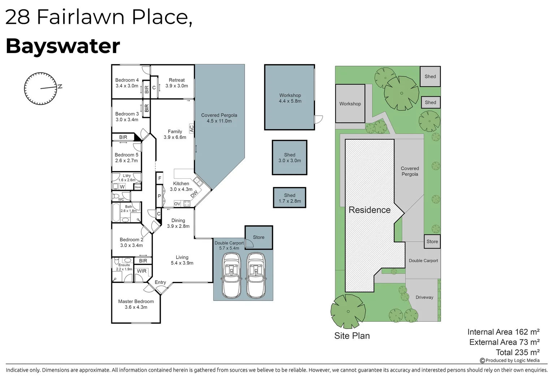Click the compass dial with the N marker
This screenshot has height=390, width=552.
pyautogui.click(x=41, y=88)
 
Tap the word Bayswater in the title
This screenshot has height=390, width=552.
pyautogui.click(x=63, y=46)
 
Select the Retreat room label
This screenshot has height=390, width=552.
pyautogui.click(x=177, y=80)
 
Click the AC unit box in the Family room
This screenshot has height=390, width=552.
pyautogui.click(x=192, y=128)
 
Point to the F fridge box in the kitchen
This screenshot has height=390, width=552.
pyautogui.click(x=160, y=178)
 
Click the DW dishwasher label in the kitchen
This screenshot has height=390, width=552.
pyautogui.click(x=194, y=194)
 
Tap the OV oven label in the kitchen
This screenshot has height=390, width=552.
pyautogui.click(x=177, y=204)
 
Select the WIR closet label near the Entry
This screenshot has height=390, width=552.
pyautogui.click(x=142, y=271)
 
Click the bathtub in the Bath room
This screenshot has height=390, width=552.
pyautogui.click(x=116, y=212)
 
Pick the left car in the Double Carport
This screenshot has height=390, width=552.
pyautogui.click(x=232, y=275)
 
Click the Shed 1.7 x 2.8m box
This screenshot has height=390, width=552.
pyautogui.click(x=290, y=198)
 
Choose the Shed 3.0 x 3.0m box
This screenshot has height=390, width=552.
pyautogui.click(x=290, y=158)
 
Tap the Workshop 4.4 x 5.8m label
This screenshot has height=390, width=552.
pyautogui.click(x=290, y=98)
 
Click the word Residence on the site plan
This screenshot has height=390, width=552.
pyautogui.click(x=370, y=210)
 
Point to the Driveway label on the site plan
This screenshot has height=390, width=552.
pyautogui.click(x=424, y=297)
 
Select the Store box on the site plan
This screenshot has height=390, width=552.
pyautogui.click(x=432, y=242)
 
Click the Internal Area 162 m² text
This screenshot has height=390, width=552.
pyautogui.click(x=504, y=332)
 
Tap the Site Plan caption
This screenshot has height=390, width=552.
pyautogui.click(x=352, y=336)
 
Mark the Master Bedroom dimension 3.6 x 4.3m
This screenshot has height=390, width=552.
pyautogui.click(x=136, y=307)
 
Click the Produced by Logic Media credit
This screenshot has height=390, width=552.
pyautogui.click(x=510, y=360)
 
